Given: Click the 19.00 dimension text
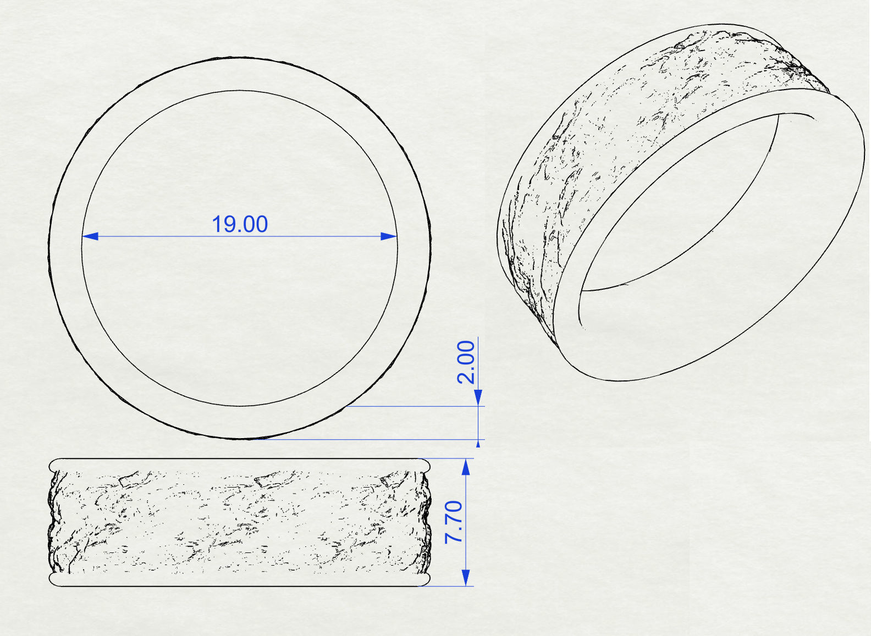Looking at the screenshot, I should point(240,224).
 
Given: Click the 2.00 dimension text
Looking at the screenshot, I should point(466,362).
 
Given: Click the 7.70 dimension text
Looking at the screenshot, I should point(454,522).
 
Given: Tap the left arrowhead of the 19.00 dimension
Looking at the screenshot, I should point(90,236).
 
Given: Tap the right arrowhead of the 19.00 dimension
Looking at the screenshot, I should point(388,236).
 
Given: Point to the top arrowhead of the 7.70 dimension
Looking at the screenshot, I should point(466,467).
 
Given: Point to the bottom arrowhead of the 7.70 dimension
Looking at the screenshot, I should point(466,577).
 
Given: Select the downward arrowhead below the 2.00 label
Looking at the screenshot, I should point(478,397).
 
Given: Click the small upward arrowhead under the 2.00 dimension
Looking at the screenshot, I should point(478,443).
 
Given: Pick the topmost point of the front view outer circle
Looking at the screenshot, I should point(240,57).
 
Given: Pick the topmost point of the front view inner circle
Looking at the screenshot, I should point(240,91).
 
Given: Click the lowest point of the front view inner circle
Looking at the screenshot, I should point(240,406).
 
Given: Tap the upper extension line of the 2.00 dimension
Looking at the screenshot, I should point(412,407).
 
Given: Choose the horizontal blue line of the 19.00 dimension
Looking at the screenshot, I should point(165,236).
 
